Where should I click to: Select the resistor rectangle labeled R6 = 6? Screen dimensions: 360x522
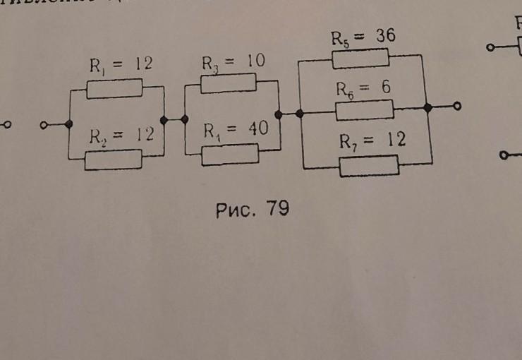pos(364,110)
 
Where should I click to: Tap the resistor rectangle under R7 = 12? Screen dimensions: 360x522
pos(369,166)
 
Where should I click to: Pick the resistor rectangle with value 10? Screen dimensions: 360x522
pos(228,83)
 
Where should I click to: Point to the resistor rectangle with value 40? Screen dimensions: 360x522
pos(230,154)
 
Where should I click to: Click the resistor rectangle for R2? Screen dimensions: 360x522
pos(113,160)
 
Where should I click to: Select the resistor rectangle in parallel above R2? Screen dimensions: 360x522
pos(114,88)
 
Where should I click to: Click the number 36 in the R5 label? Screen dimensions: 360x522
pos(384,37)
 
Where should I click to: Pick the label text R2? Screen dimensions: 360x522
pos(97,137)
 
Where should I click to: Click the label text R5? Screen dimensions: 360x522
pos(341,39)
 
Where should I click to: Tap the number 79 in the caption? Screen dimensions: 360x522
pos(277,209)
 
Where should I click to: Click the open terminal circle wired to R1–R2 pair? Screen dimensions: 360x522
pos(44,125)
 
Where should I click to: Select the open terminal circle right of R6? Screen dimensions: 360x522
pos(457,107)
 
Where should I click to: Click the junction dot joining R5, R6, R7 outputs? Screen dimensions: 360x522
pos(427,107)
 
